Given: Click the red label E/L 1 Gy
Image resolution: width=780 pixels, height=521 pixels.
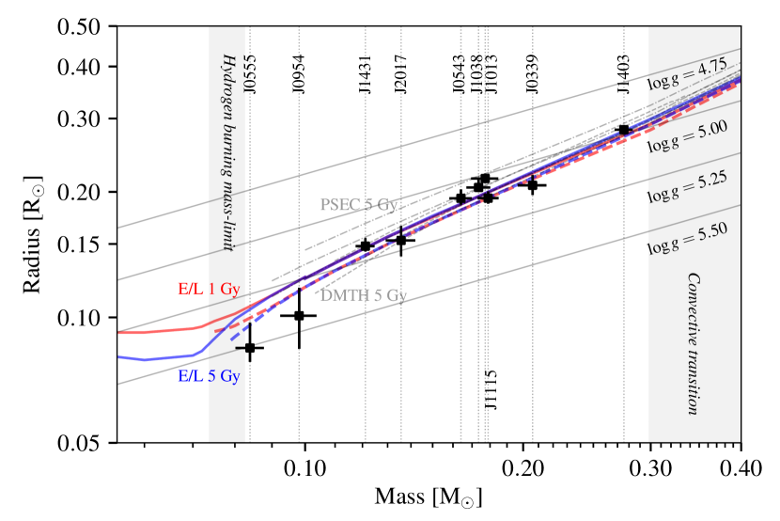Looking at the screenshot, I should click(209, 289).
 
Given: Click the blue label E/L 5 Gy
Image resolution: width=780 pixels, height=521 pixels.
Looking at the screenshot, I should click(209, 376).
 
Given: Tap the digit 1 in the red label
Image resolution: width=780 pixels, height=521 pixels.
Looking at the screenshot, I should click(211, 289).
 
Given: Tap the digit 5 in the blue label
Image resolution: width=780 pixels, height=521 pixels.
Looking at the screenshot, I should click(211, 376).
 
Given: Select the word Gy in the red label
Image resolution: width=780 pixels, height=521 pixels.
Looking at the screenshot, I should click(229, 290).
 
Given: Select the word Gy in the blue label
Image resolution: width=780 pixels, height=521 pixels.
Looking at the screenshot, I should click(229, 377).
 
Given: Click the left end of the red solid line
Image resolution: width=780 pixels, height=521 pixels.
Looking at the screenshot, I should click(119, 333).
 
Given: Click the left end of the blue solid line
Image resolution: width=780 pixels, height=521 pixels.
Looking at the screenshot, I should click(119, 357).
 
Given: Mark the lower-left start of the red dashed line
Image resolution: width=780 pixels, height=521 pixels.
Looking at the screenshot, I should click(216, 331).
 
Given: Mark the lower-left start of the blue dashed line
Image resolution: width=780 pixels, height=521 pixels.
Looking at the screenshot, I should click(232, 339).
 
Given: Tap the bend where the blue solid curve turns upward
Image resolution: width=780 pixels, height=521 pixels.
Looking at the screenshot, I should click(197, 354).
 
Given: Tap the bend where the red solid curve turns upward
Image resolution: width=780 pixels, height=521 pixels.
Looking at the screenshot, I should click(201, 326).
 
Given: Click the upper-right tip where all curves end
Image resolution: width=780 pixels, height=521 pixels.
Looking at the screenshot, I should click(740, 80).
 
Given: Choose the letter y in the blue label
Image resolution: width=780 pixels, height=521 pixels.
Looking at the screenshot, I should click(235, 378).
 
